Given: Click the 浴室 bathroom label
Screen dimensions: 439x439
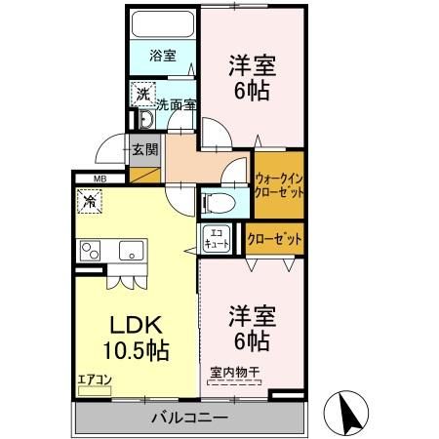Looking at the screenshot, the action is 163,56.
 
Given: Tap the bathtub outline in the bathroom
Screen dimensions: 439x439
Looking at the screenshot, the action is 163,24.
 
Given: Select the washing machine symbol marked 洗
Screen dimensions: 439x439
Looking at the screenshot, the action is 143,94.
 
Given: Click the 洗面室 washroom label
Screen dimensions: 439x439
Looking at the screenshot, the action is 177,104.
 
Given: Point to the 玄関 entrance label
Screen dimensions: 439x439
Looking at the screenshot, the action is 145,150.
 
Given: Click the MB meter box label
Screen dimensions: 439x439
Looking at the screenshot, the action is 100,179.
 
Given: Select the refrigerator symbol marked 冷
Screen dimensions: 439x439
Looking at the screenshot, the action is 90,201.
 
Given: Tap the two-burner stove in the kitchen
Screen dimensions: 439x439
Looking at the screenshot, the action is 90,251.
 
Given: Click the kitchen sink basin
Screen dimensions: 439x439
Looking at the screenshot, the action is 132,251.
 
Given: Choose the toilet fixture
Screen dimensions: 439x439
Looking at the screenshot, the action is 219,203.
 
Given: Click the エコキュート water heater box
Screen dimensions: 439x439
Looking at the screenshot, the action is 217,238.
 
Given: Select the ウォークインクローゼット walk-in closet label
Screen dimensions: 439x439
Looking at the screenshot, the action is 279,185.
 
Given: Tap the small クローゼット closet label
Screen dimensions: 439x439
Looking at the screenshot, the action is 275,239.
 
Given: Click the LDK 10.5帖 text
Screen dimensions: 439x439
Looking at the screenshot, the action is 137,338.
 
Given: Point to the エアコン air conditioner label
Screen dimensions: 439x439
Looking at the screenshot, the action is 95,379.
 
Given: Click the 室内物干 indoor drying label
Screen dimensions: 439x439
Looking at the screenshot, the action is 234,373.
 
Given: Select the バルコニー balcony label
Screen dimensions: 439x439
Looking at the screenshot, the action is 189,418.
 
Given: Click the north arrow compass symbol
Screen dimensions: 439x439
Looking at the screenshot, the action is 346,413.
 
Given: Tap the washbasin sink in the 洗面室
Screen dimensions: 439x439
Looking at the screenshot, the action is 146,120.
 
